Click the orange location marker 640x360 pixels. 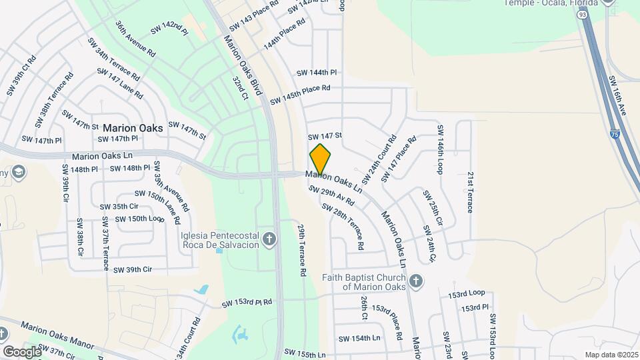click(321, 159)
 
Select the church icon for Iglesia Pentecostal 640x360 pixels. click(269, 239)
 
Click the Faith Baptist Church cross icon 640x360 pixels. click(417, 280)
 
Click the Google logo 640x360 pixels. click(21, 351)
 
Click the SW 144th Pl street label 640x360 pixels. click(317, 72)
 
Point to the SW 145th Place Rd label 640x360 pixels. click(300, 94)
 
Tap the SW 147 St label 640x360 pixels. click(325, 135)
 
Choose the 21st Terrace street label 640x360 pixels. click(470, 192)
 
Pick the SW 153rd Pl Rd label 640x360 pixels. click(248, 303)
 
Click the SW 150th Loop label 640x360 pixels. click(139, 219)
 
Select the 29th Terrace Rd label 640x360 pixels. click(301, 250)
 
